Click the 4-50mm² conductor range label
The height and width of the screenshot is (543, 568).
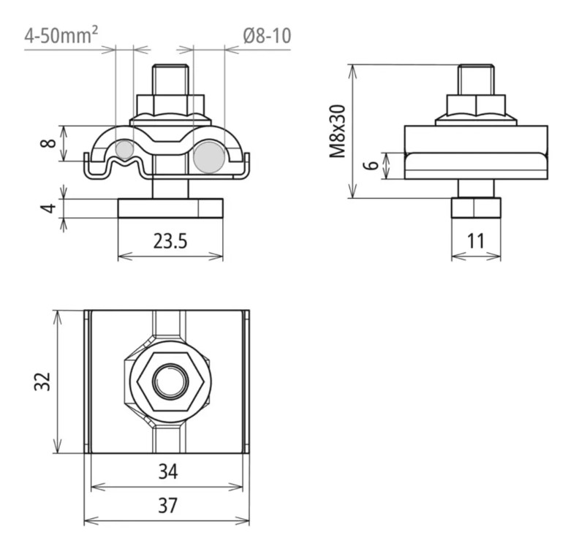(x=62, y=35)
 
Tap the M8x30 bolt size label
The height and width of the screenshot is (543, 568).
(x=337, y=132)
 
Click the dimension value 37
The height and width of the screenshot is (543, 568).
(x=167, y=506)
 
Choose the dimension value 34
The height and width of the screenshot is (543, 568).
(x=167, y=473)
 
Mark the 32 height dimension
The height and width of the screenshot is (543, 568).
(x=42, y=381)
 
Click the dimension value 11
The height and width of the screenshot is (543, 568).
(x=476, y=241)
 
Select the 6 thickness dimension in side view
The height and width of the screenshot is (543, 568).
(x=372, y=165)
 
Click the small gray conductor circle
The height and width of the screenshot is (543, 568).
(x=125, y=150)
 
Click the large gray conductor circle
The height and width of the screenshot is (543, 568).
(x=209, y=157)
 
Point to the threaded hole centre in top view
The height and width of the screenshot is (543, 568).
(x=170, y=381)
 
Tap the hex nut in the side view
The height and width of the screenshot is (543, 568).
(x=476, y=105)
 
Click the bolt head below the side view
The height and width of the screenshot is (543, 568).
(x=476, y=208)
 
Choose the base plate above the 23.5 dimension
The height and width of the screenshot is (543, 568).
(x=170, y=209)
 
